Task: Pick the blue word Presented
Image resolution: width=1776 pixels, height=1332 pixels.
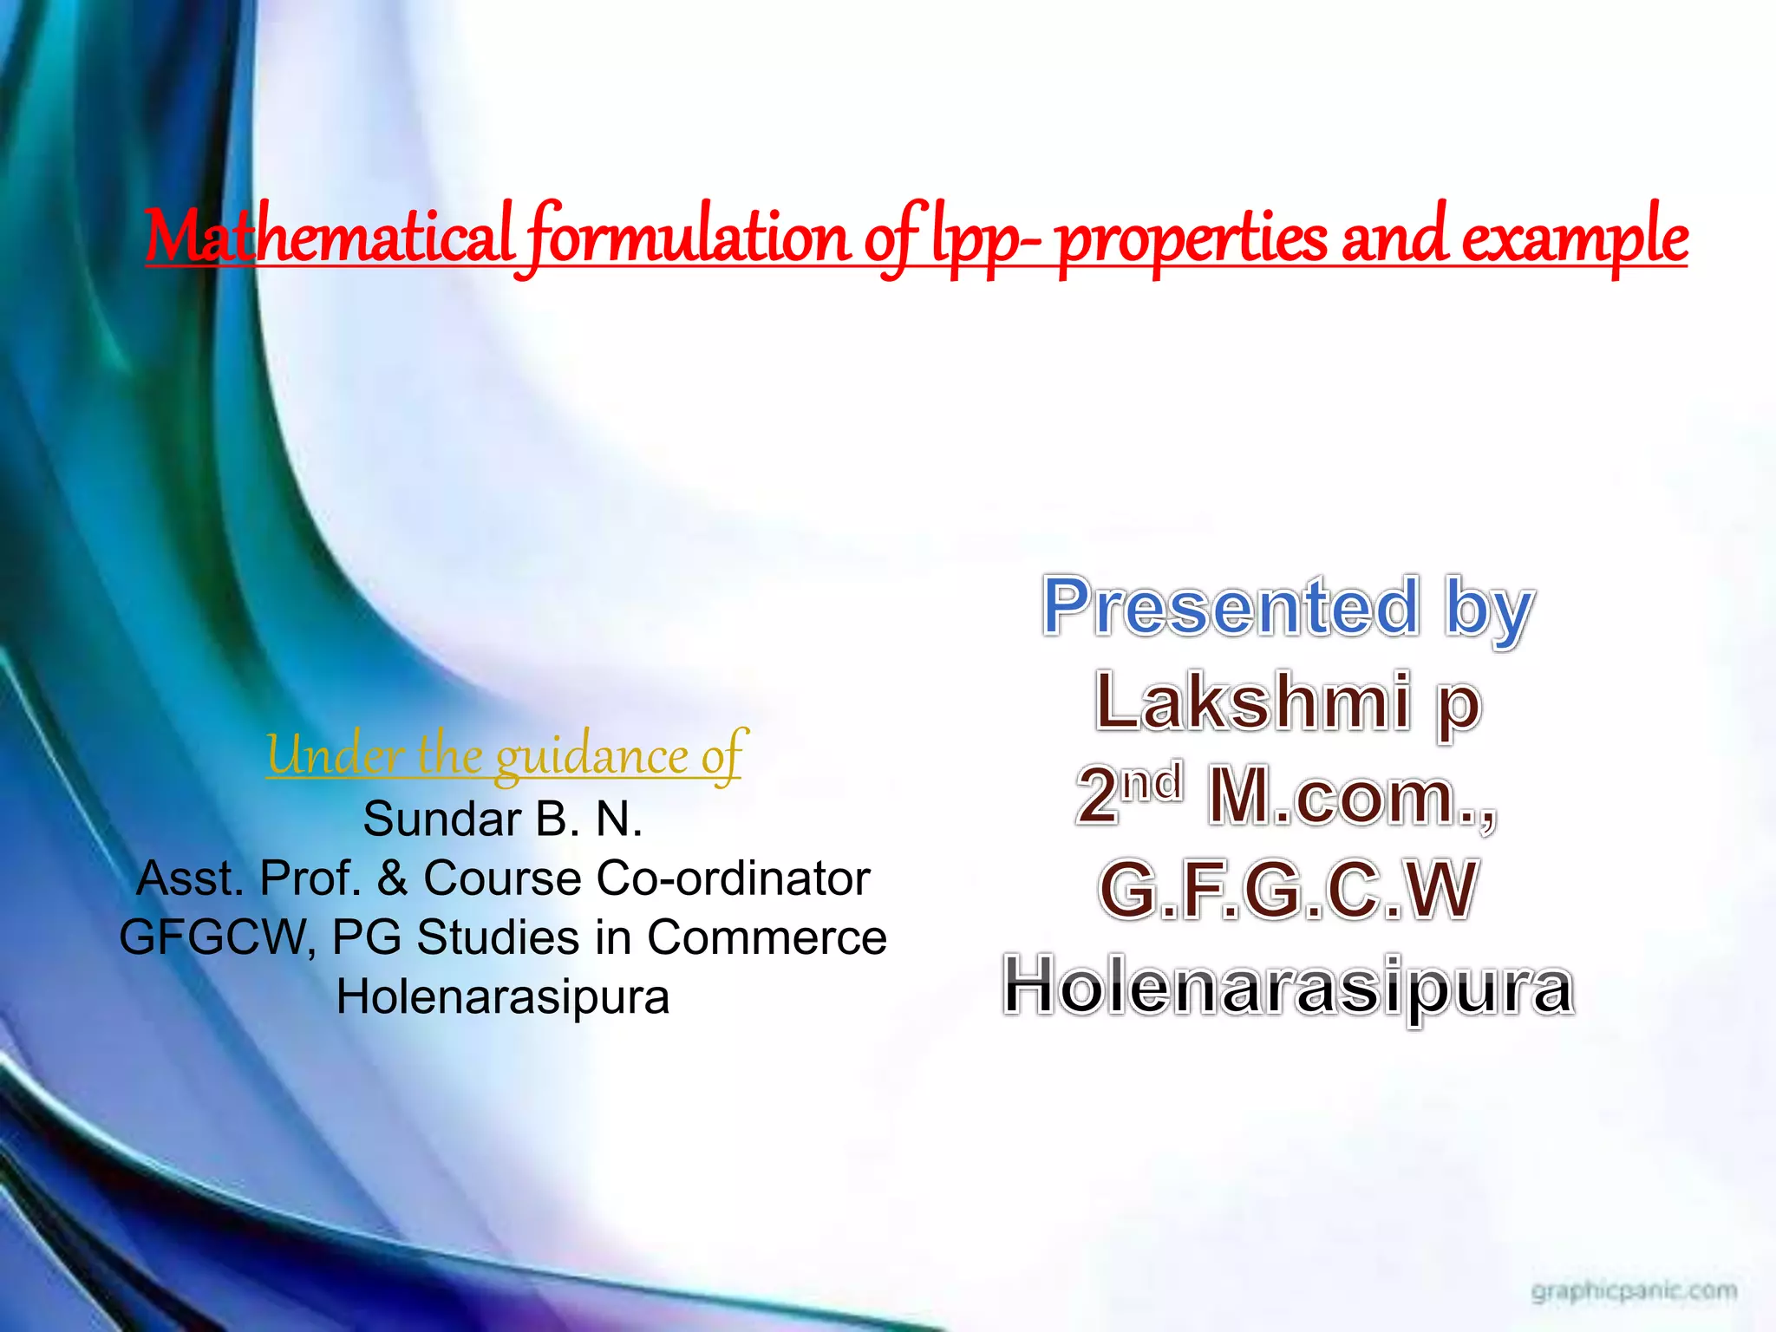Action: tap(1231, 607)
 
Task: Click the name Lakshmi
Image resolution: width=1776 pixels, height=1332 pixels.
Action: tap(1253, 702)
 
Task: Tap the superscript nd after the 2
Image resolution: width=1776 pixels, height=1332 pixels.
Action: tap(1152, 783)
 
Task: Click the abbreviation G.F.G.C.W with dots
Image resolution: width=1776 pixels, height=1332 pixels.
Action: tap(1288, 891)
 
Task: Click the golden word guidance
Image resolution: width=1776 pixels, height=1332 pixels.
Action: tap(591, 756)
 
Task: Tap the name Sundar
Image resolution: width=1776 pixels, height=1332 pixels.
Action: tap(441, 819)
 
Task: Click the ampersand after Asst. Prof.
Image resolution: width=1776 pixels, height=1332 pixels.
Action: tap(392, 878)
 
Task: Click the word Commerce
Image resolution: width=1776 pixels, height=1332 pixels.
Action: tap(767, 937)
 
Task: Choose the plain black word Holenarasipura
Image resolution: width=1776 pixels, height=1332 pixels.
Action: tap(503, 997)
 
